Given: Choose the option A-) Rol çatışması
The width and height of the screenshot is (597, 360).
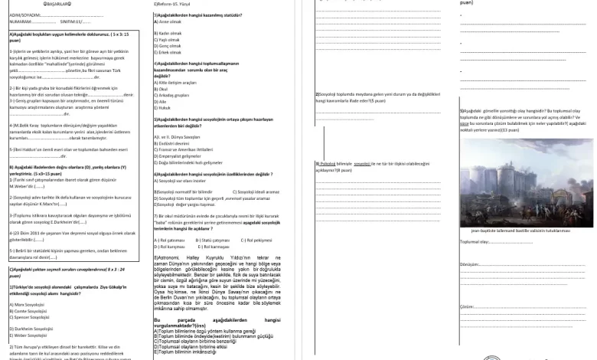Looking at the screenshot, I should tap(173, 240).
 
